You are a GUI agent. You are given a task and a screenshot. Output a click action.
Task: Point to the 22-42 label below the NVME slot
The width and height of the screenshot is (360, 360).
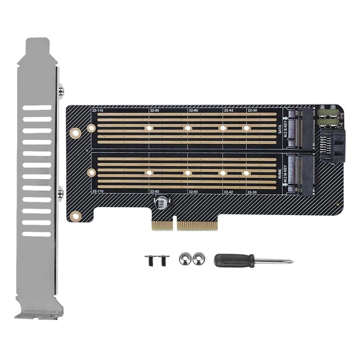(x=229, y=192)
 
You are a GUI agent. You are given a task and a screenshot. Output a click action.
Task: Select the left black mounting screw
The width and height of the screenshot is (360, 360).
(x=149, y=260)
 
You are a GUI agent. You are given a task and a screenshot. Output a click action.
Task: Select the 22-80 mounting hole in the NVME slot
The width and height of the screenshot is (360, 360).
(x=149, y=172)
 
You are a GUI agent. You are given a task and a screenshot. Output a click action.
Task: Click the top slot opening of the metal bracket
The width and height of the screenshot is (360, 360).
(x=37, y=108)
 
